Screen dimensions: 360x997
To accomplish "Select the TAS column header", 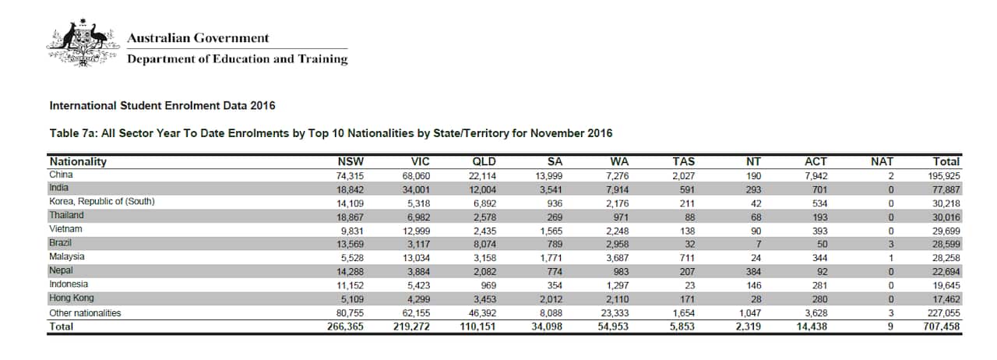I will click(x=684, y=162).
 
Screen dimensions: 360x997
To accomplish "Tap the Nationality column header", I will click(x=78, y=162).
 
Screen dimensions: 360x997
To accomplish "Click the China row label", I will click(x=61, y=175).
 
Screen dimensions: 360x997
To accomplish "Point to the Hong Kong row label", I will click(x=72, y=298).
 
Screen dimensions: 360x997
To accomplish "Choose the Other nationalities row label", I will click(x=86, y=312).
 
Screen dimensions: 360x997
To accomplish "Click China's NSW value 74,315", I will click(x=347, y=176).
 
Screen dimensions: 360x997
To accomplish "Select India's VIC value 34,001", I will click(x=414, y=189).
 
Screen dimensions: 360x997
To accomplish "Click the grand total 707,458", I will click(x=942, y=326).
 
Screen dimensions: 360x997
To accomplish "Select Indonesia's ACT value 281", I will click(x=816, y=284).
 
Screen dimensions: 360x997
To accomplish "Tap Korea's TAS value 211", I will click(x=686, y=203).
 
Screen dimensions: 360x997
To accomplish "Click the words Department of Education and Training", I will click(x=238, y=59).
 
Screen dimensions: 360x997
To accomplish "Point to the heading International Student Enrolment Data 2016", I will click(x=162, y=105).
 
